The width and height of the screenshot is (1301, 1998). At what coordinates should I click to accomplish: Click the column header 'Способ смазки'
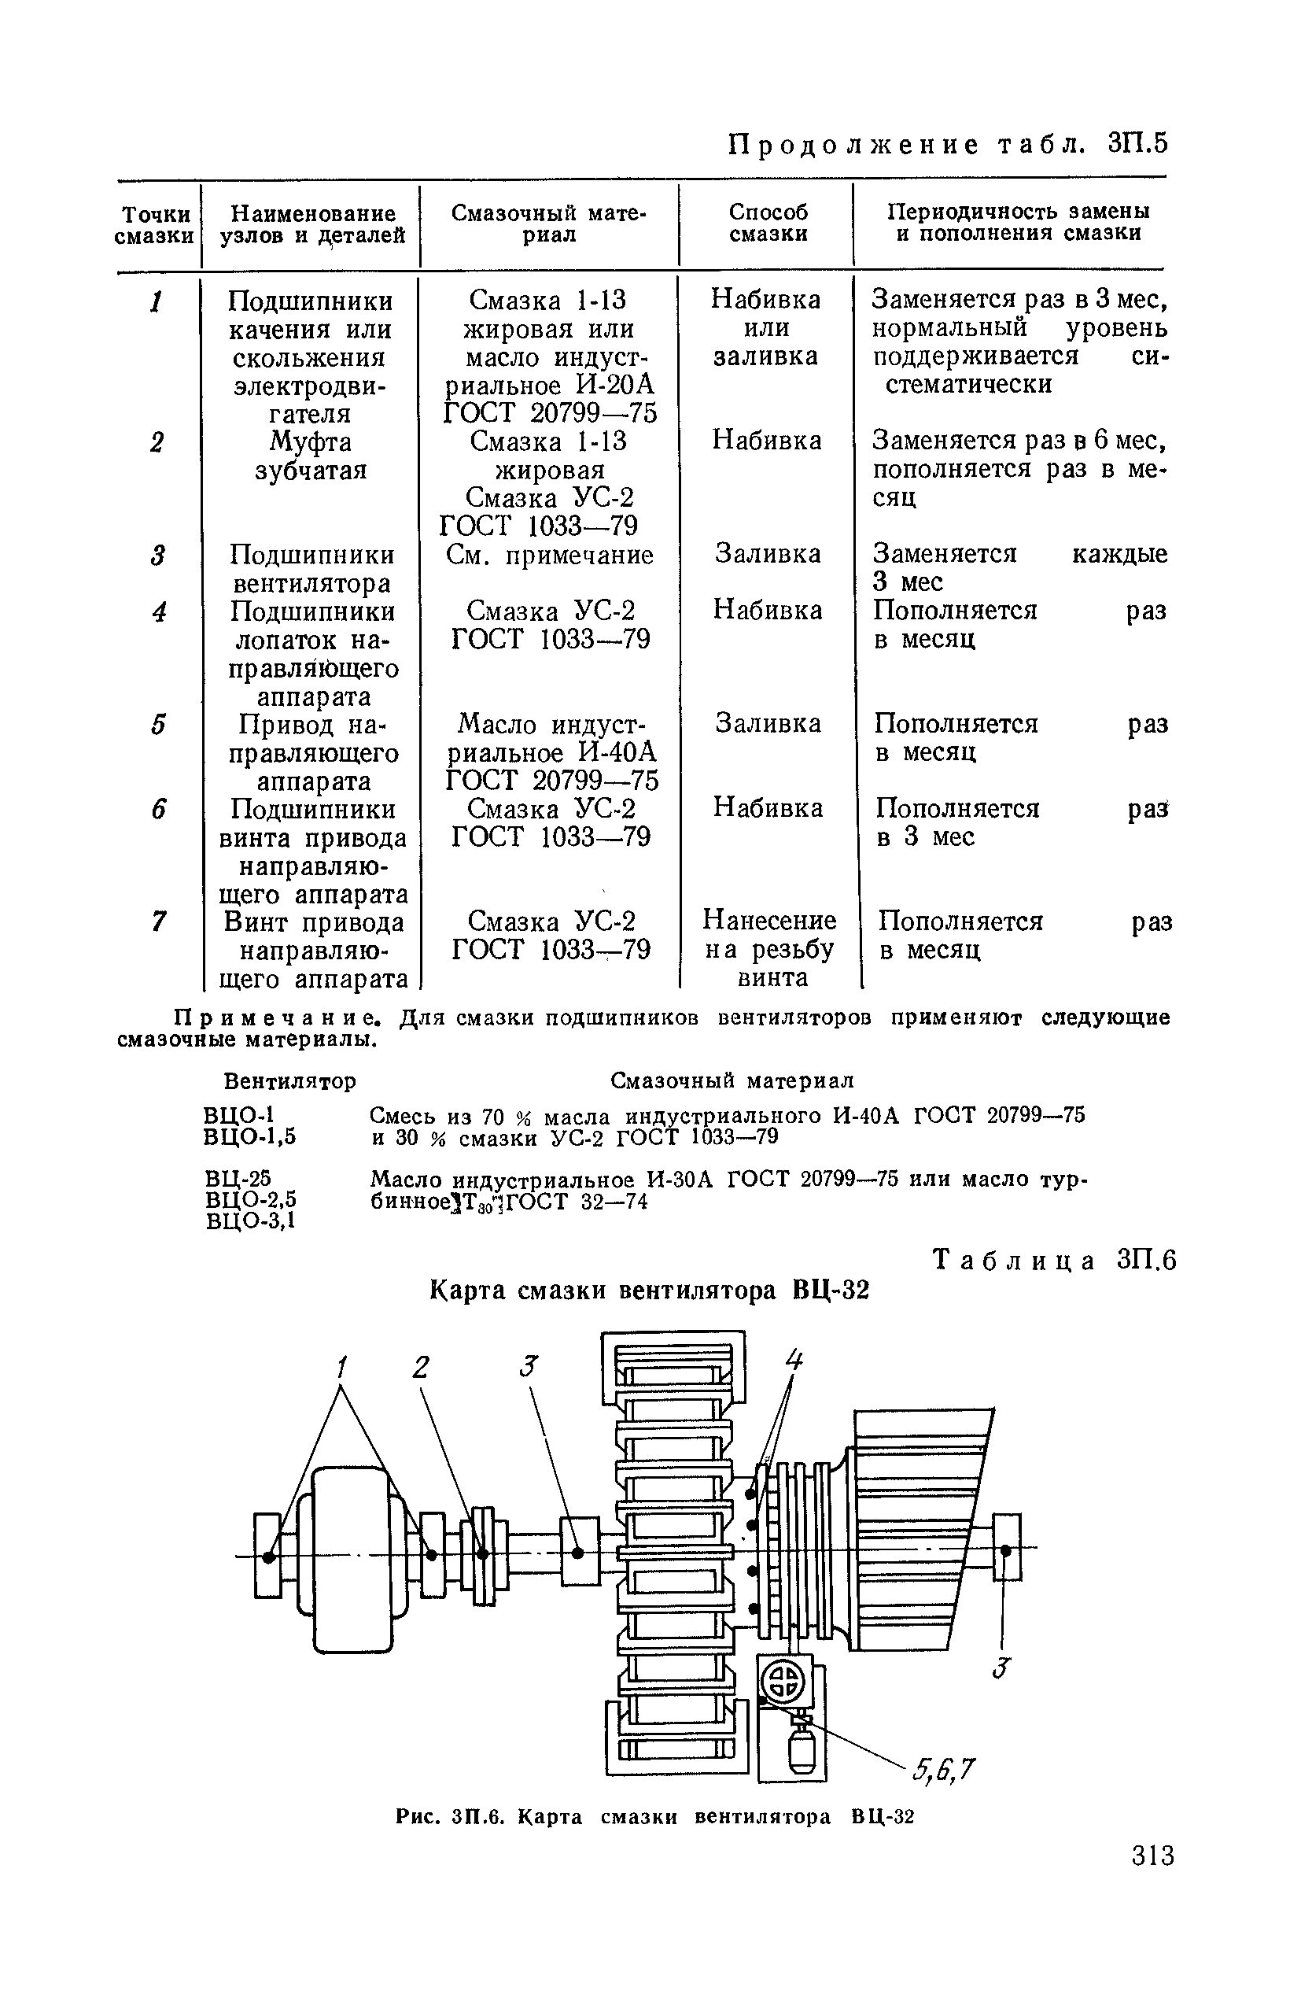(768, 223)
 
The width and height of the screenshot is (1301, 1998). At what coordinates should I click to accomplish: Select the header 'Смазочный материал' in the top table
(549, 223)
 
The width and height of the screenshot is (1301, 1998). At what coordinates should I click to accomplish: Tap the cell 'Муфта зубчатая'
(311, 456)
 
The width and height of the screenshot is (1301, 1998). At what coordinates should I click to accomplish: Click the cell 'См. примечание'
(550, 555)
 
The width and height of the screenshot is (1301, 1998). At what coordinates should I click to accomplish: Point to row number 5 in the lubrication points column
(158, 725)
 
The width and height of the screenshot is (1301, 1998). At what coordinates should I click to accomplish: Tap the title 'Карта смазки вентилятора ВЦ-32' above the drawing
(650, 1290)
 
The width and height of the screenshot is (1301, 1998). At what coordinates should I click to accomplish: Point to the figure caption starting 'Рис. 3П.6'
(654, 1817)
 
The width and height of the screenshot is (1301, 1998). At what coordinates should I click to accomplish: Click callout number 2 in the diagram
(421, 1368)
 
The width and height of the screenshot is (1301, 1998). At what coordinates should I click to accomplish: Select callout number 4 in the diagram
(793, 1359)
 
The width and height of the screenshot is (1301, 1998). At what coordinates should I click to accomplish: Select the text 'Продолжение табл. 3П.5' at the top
(947, 144)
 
